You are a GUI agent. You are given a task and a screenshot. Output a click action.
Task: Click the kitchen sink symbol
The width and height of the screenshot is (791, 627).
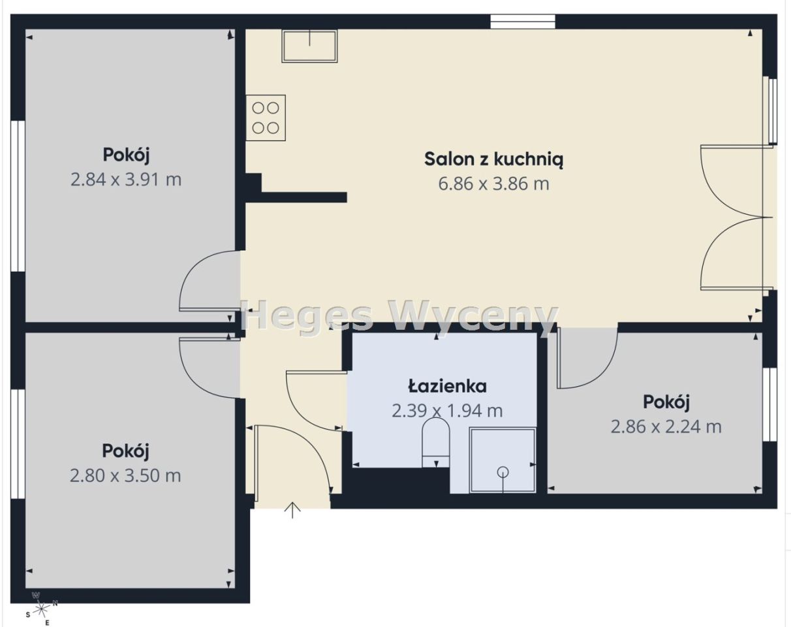(x=309, y=46)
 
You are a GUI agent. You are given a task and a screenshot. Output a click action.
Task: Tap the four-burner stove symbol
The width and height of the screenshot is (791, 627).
(x=266, y=118)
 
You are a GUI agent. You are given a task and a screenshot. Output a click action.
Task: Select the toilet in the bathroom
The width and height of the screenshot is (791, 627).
(x=436, y=442)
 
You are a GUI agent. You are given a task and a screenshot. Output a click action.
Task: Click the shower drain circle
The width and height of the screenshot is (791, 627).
(x=503, y=472)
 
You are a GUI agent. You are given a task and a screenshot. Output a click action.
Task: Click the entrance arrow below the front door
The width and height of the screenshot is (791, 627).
(x=292, y=510)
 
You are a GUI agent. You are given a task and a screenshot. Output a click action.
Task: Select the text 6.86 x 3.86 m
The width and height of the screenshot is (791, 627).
(x=493, y=184)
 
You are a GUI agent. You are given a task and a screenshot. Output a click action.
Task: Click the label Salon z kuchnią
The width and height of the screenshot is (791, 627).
(x=493, y=159)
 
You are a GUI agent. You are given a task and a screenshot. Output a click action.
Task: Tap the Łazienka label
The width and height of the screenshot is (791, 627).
(x=447, y=386)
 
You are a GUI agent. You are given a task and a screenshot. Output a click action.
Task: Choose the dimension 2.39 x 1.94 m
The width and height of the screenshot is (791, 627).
(x=447, y=411)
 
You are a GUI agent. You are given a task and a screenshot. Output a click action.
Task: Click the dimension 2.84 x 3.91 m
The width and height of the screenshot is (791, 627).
(x=126, y=180)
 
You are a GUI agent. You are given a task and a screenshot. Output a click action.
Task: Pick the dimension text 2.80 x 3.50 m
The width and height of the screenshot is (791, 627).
(x=125, y=475)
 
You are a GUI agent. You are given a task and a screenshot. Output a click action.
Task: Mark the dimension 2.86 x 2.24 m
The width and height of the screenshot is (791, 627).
(x=666, y=426)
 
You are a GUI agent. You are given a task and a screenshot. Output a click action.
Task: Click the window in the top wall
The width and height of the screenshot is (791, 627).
(x=523, y=22)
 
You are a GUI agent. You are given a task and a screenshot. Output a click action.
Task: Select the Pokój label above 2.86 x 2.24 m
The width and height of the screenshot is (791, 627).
(x=666, y=401)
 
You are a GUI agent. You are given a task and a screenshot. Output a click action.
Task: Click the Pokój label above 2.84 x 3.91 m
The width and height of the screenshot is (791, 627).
(x=127, y=155)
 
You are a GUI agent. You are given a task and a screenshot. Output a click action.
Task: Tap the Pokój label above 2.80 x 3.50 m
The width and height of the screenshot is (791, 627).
(x=126, y=451)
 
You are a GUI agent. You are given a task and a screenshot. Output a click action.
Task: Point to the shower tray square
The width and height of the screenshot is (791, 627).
(x=503, y=460)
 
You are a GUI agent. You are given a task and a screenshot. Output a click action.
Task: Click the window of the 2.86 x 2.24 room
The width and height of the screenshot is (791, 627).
(x=770, y=404)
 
